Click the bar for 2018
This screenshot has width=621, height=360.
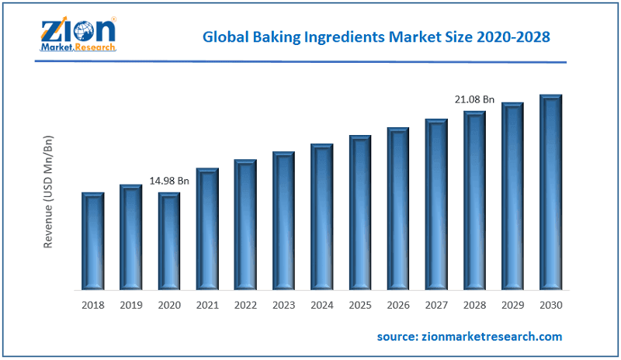pyautogui.click(x=92, y=241)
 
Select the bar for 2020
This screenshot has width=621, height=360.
pyautogui.click(x=169, y=241)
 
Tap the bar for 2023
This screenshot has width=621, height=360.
pyautogui.click(x=283, y=220)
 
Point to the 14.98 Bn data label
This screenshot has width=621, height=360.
pyautogui.click(x=169, y=181)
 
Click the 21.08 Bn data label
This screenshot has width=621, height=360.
pyautogui.click(x=474, y=99)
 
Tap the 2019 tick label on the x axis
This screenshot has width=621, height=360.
pyautogui.click(x=130, y=305)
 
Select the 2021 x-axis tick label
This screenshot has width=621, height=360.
pyautogui.click(x=207, y=305)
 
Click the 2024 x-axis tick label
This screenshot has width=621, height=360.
pyautogui.click(x=321, y=305)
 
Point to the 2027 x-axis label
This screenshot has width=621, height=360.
pyautogui.click(x=436, y=305)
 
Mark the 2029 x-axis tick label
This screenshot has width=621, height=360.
pyautogui.click(x=512, y=305)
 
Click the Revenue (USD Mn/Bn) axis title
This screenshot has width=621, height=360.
pyautogui.click(x=48, y=192)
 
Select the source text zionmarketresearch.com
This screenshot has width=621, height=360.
pyautogui.click(x=470, y=336)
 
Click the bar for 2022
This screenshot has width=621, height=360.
pyautogui.click(x=245, y=224)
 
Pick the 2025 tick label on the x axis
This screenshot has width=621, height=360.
pyautogui.click(x=359, y=305)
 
